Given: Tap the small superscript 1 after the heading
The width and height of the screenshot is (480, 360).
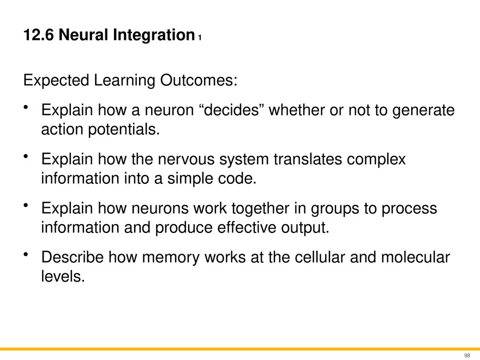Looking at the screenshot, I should (200, 38).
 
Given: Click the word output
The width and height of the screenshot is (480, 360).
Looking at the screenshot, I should (304, 227).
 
